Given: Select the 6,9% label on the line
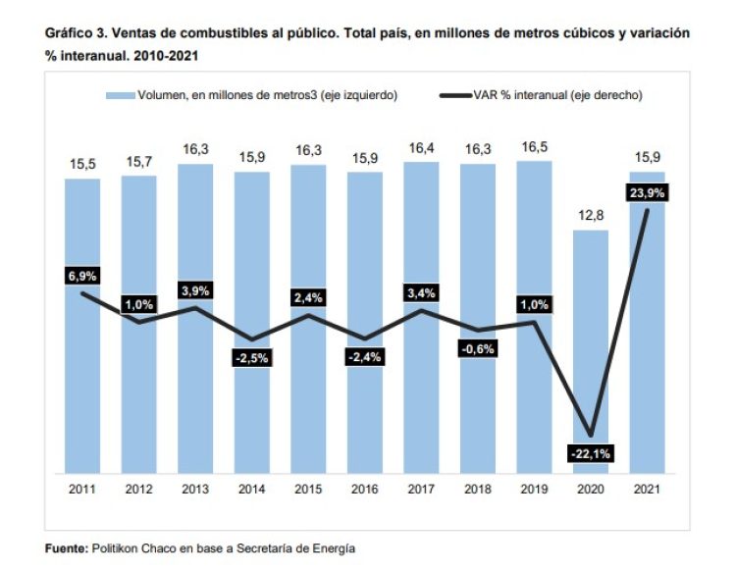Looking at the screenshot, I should point(81,276).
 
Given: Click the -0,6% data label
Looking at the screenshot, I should point(477,348).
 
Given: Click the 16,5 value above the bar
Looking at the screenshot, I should point(533,147).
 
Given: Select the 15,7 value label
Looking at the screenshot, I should point(138,161).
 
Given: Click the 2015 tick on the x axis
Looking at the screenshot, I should point(308,490).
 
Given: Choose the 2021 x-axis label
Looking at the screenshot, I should point(647,490).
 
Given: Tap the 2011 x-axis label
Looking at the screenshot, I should point(82,490).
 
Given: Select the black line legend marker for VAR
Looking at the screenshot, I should point(457,95).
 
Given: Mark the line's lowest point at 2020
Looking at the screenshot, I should point(590,435).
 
